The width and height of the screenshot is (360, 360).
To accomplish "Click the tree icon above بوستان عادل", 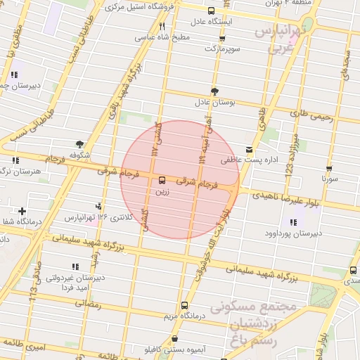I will (214, 91).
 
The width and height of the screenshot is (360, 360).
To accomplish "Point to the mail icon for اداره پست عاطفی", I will (249, 150).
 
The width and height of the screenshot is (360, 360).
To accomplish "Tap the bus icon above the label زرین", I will (162, 179).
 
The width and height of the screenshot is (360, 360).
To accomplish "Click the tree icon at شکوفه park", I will (79, 143).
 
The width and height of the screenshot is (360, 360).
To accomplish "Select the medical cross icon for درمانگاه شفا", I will (22, 211).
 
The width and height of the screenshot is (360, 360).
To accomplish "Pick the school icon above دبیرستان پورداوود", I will (292, 222).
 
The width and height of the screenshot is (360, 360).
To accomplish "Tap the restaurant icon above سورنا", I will (330, 169).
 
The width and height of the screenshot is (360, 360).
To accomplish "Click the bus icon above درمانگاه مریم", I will (184, 305).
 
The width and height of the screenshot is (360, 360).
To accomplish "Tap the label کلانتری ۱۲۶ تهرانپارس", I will (98, 217).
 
